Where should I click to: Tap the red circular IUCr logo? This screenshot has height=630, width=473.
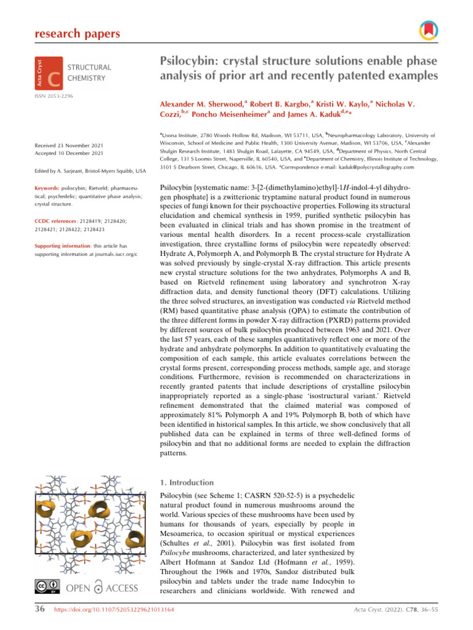click(x=427, y=30)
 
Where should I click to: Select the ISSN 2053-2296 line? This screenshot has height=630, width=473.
click(x=54, y=97)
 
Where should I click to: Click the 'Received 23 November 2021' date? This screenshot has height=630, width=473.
click(x=68, y=145)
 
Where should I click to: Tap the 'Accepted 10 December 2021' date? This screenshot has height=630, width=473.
click(x=68, y=153)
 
